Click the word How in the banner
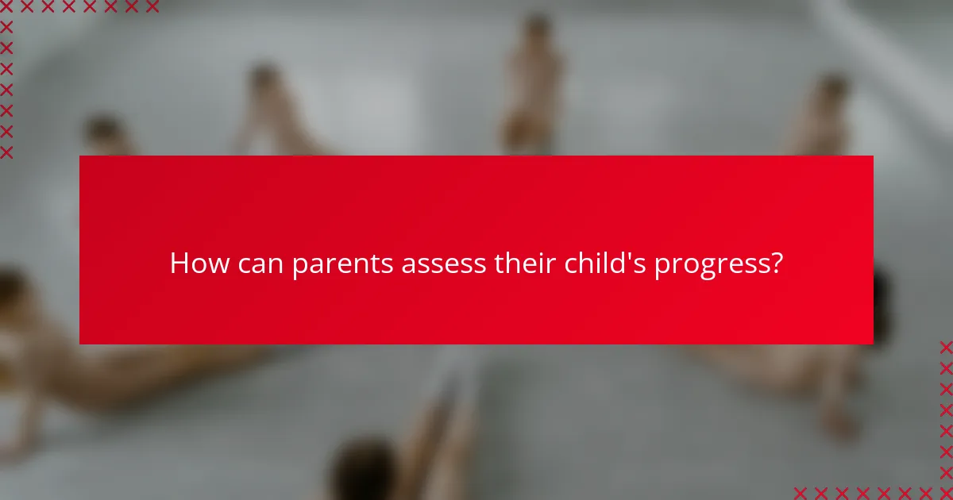click(195, 263)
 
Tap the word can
click(257, 263)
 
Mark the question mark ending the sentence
click(776, 263)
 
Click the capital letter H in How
click(179, 263)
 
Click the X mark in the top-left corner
click(7, 7)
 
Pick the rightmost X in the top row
click(152, 7)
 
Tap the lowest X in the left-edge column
click(7, 152)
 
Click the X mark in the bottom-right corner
click(946, 493)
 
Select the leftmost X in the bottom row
click(801, 493)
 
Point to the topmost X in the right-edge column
click(946, 347)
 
